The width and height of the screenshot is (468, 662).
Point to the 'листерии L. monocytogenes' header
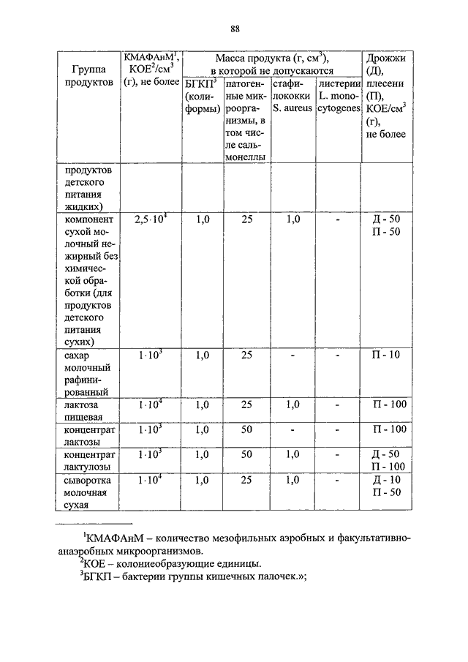tap(339, 97)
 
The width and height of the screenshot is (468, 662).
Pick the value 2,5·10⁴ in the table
tap(151, 219)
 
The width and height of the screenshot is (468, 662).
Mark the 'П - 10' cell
tap(386, 355)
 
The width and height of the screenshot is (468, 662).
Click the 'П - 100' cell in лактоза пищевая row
tap(386, 404)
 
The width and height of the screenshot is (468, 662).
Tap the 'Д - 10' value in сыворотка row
tap(386, 480)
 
